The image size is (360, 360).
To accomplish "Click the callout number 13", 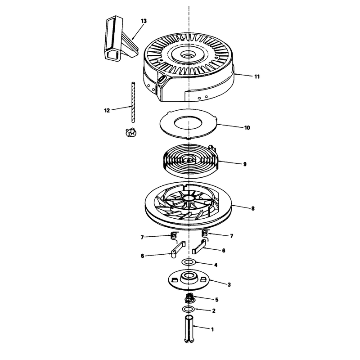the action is (x=144, y=21).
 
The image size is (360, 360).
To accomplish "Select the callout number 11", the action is (x=257, y=76).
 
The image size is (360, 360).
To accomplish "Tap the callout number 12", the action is (x=107, y=110).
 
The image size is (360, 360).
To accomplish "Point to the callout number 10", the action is (x=247, y=128).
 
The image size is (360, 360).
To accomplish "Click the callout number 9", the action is (x=245, y=164).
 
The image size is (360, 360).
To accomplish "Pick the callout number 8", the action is (x=253, y=208).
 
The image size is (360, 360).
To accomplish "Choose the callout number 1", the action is (x=212, y=329).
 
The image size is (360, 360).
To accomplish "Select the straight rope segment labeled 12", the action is (x=133, y=102).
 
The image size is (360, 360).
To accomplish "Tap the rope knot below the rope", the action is (x=131, y=132).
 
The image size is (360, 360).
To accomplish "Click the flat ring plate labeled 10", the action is (x=188, y=124).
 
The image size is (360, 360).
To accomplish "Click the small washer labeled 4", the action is (x=189, y=262).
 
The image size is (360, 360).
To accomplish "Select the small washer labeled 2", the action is (x=189, y=309).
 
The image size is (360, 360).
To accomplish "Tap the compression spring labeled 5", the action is (x=189, y=298).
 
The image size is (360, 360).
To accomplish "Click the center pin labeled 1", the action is (x=189, y=329).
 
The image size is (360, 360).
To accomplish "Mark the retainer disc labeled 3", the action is (x=189, y=279).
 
